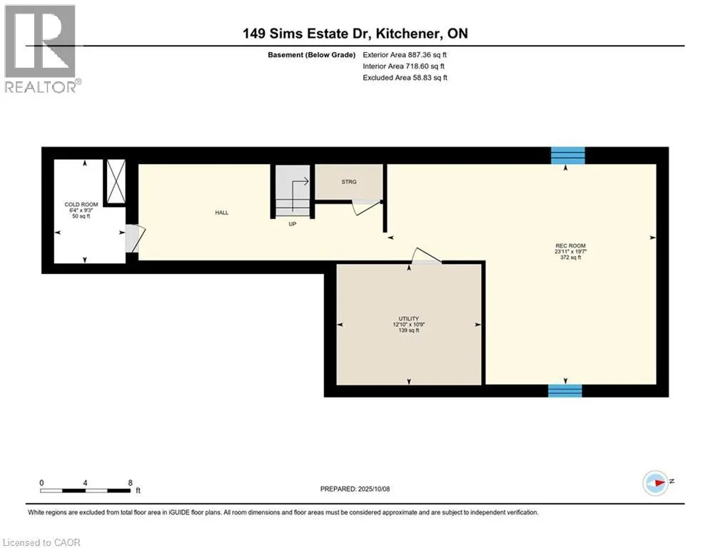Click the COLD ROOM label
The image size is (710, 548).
tap(81, 204)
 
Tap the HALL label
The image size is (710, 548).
tap(222, 213)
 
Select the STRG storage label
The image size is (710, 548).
tap(349, 182)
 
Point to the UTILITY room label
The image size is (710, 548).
tap(408, 318)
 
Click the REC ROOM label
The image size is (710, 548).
tap(570, 245)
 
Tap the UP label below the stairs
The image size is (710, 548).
tap(293, 224)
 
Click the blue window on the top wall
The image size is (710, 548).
tap(568, 156)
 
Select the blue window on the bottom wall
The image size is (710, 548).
tap(565, 390)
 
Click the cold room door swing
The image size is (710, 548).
tap(135, 238)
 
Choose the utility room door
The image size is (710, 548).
tap(427, 255)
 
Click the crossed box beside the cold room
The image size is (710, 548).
tap(116, 181)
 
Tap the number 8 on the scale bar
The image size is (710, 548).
tap(130, 483)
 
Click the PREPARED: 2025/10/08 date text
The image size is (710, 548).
tap(355, 489)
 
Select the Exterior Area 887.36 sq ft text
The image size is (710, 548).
tap(405, 55)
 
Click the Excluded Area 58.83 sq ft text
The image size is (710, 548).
tap(405, 78)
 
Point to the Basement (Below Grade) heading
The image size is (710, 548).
tap(312, 55)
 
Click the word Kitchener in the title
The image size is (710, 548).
tap(407, 34)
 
